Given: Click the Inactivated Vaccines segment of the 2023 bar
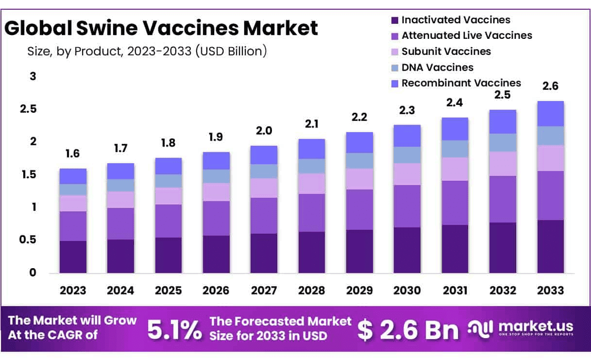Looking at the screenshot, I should click(73, 257).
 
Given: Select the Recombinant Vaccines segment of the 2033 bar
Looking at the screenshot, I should click(550, 114).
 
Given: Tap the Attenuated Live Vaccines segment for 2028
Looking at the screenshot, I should click(312, 212).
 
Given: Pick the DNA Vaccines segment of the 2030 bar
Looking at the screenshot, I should click(407, 155).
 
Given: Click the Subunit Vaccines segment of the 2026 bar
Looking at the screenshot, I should click(216, 192).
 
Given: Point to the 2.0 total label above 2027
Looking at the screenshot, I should click(264, 131).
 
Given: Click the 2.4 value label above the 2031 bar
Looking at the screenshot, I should click(455, 103).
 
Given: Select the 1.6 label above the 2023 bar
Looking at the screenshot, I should click(73, 154).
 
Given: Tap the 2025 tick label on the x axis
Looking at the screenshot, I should click(169, 291).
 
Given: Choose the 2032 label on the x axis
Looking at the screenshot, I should click(503, 291).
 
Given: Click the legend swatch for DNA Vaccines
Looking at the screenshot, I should click(394, 68).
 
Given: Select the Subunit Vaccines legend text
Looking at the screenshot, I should click(446, 51).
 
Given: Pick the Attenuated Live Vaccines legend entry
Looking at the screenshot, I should click(467, 35).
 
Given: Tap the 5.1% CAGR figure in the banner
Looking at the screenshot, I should click(174, 329).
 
